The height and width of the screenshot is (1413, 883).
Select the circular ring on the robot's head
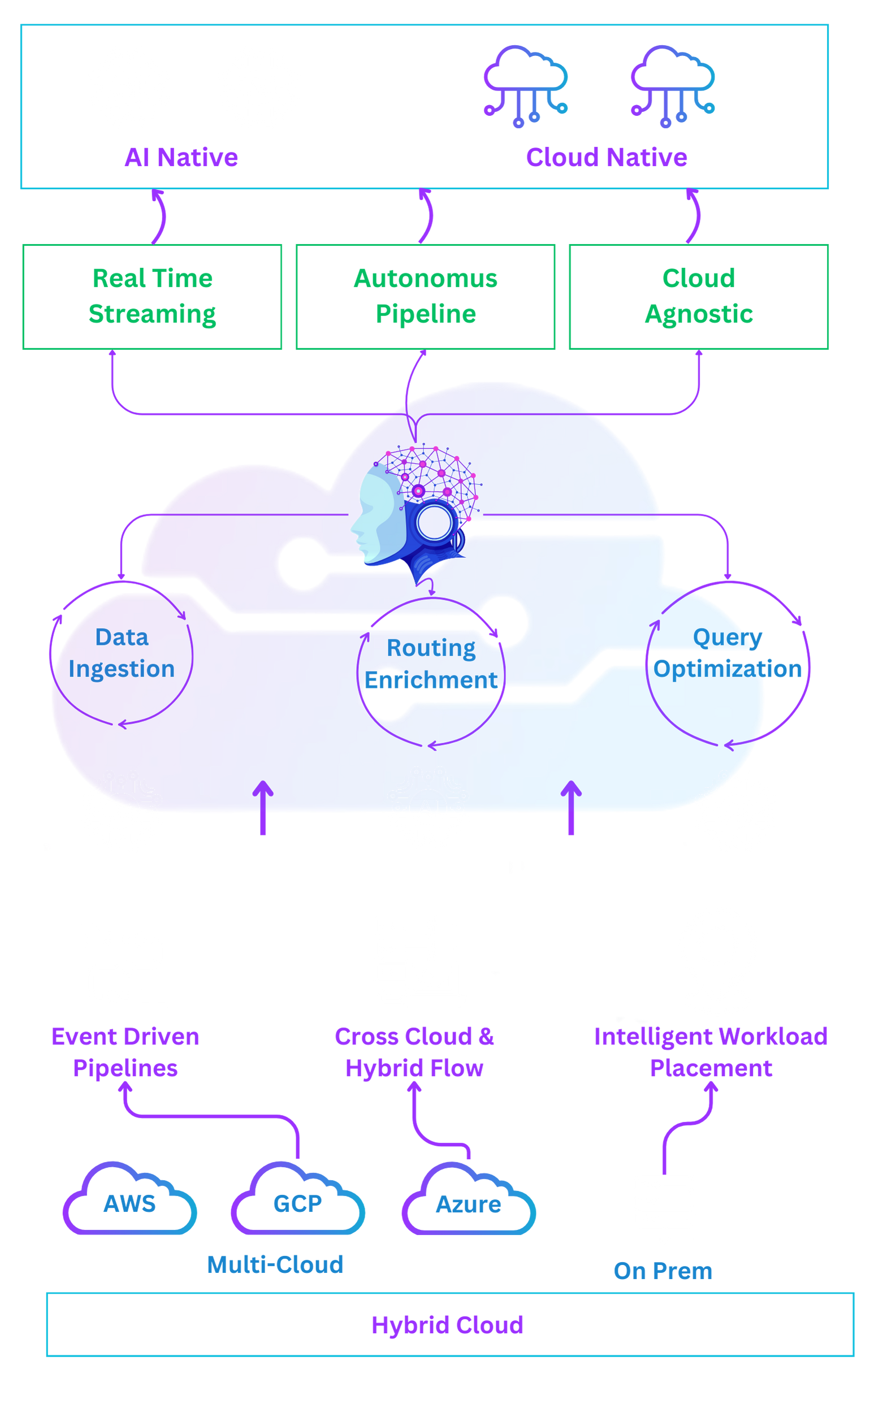pos(433,522)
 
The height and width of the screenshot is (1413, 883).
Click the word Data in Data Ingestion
pos(122,637)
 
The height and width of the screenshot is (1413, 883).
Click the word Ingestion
pos(122,669)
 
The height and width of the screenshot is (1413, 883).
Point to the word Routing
pos(431,648)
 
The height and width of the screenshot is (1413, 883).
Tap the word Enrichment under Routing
pos(431,679)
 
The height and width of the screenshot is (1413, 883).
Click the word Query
pos(722,637)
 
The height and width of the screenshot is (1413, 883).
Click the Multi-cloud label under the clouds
pos(275,1271)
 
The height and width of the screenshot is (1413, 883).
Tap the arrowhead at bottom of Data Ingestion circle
pos(122,724)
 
